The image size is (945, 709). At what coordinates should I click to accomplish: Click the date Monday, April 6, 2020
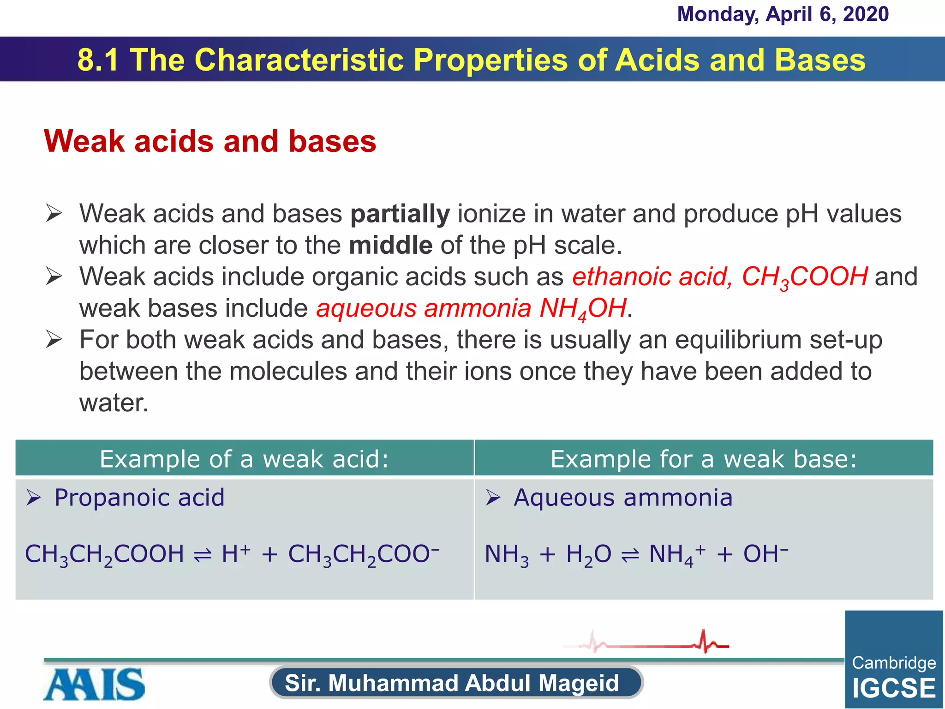pos(783,14)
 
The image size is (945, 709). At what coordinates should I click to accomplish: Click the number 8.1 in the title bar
pos(98,60)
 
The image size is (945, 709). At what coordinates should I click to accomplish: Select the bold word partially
pos(400,214)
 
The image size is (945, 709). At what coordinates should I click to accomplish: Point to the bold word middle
pos(390,245)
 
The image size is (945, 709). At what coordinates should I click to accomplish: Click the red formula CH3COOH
pos(805,277)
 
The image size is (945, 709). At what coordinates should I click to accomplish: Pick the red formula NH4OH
pos(583,308)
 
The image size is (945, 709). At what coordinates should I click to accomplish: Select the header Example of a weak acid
pos(244,459)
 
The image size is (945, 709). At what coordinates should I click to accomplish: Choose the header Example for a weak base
pos(704,459)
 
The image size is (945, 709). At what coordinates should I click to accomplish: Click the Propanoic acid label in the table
pos(139,498)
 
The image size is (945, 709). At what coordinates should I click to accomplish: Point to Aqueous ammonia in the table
pos(623,498)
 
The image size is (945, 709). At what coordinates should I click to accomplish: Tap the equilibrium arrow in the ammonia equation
pos(630,556)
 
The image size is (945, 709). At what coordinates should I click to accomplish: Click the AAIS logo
pos(95,685)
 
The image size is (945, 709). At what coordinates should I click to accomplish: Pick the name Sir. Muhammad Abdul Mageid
pos(452,683)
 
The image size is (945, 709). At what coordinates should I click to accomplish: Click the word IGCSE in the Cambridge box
pos(894,688)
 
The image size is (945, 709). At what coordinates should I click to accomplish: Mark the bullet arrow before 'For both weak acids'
pos(54,340)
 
